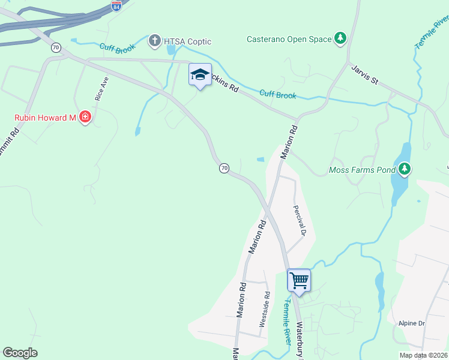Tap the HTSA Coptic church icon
pos(155,41)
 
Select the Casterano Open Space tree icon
pos(341,39)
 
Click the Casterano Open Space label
pos(289,40)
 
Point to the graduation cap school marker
pos(200,74)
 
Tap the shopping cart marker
pos(299,280)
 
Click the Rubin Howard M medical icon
pos(85,117)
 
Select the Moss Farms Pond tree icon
pos(405,170)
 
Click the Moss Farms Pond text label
pos(362,170)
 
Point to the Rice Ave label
pos(101,88)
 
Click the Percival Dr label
pos(300,220)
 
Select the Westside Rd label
pos(264,309)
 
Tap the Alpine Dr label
pos(412,323)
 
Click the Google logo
pos(20,353)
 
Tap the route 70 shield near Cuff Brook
pos(56,47)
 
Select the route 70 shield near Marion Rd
pos(224,168)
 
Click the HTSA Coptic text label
pos(188,41)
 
